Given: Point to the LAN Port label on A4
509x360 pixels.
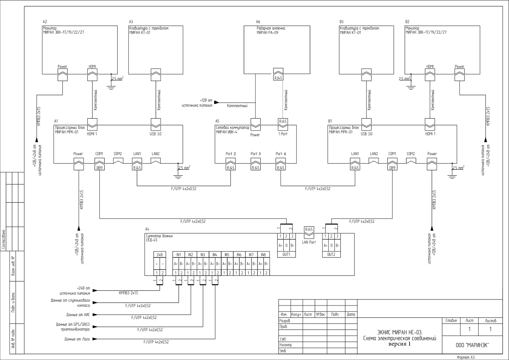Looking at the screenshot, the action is coord(309,242).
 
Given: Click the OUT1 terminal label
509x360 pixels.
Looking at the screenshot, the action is coord(286,254).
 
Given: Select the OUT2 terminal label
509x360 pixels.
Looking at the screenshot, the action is coord(331,254).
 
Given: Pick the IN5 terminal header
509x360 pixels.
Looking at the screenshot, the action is coord(227,255).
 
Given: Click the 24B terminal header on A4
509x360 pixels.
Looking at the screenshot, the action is coord(160,255).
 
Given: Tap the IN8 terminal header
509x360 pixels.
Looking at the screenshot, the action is coord(263,255).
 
